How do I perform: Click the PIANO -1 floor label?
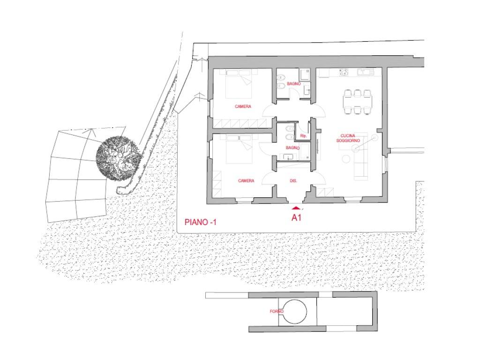click(x=201, y=222)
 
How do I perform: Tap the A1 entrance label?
click(x=296, y=217)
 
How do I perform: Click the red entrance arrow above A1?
click(x=296, y=209)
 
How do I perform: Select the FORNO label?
click(x=277, y=311)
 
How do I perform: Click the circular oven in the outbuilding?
click(x=294, y=312)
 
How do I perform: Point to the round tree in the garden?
click(x=119, y=158)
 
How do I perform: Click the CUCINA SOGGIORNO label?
click(x=348, y=138)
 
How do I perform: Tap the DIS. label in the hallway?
click(x=293, y=181)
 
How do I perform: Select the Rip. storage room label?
click(x=303, y=135)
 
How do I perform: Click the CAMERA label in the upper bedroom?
click(x=243, y=106)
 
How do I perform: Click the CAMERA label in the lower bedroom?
click(x=246, y=181)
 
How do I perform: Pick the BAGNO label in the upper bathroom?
click(x=293, y=83)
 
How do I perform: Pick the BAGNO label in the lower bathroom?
click(x=292, y=148)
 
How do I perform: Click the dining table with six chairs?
click(x=358, y=102)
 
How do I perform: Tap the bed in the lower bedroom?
click(x=239, y=150)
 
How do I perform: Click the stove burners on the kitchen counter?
click(x=344, y=72)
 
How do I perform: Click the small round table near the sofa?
click(x=346, y=159)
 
